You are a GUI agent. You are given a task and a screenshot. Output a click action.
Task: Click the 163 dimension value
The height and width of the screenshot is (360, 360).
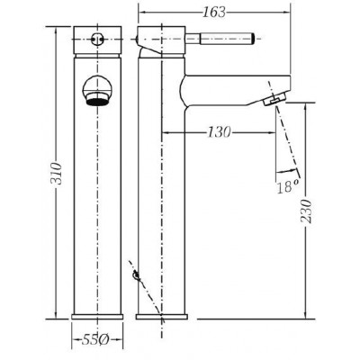(214, 13)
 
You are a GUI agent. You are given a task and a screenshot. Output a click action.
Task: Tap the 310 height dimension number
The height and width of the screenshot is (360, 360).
(56, 174)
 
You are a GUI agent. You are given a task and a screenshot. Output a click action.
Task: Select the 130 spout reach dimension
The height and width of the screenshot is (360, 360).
(220, 132)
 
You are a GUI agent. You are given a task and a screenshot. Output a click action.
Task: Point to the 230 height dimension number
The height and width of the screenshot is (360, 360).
(306, 211)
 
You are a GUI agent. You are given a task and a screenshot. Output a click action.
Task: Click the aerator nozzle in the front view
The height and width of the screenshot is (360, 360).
(97, 100)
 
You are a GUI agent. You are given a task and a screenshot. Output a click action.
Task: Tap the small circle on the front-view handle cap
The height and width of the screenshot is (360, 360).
(96, 39)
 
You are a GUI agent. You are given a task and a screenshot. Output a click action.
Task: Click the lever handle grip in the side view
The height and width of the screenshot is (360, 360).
(227, 39)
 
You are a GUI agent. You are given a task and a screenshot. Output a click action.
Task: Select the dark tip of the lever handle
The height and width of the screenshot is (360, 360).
(253, 39)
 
